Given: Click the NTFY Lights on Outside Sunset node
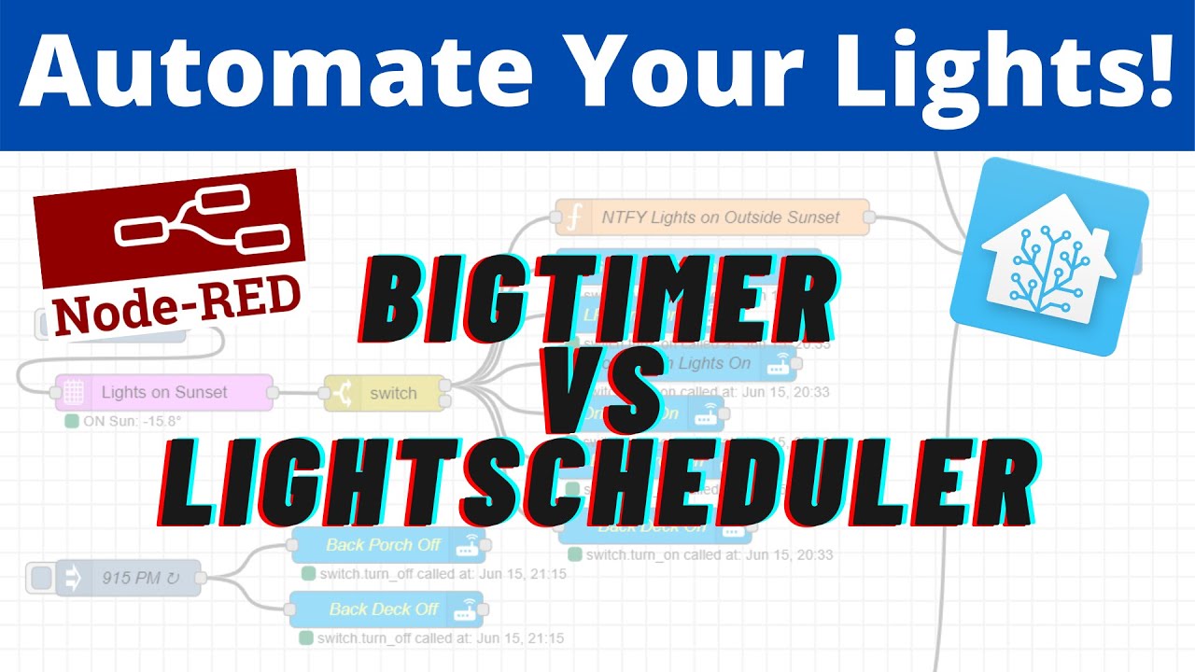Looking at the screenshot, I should (x=719, y=217).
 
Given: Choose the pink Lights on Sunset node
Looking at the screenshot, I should (x=163, y=393).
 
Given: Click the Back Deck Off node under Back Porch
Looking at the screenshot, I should (x=386, y=609).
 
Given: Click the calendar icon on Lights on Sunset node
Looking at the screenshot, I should (x=74, y=393).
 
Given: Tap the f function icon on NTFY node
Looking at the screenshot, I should (x=575, y=217).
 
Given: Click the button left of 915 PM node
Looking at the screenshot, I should (x=40, y=578).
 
